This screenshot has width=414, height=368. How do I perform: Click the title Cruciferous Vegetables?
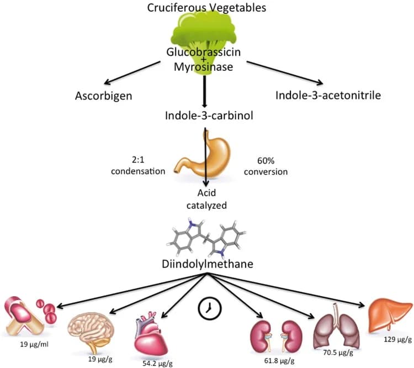(x=206, y=8)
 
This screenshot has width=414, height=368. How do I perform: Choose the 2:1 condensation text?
(x=138, y=166)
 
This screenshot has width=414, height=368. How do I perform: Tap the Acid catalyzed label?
(x=206, y=198)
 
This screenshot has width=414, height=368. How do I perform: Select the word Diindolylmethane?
(x=206, y=264)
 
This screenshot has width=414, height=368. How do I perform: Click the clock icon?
(x=208, y=308)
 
